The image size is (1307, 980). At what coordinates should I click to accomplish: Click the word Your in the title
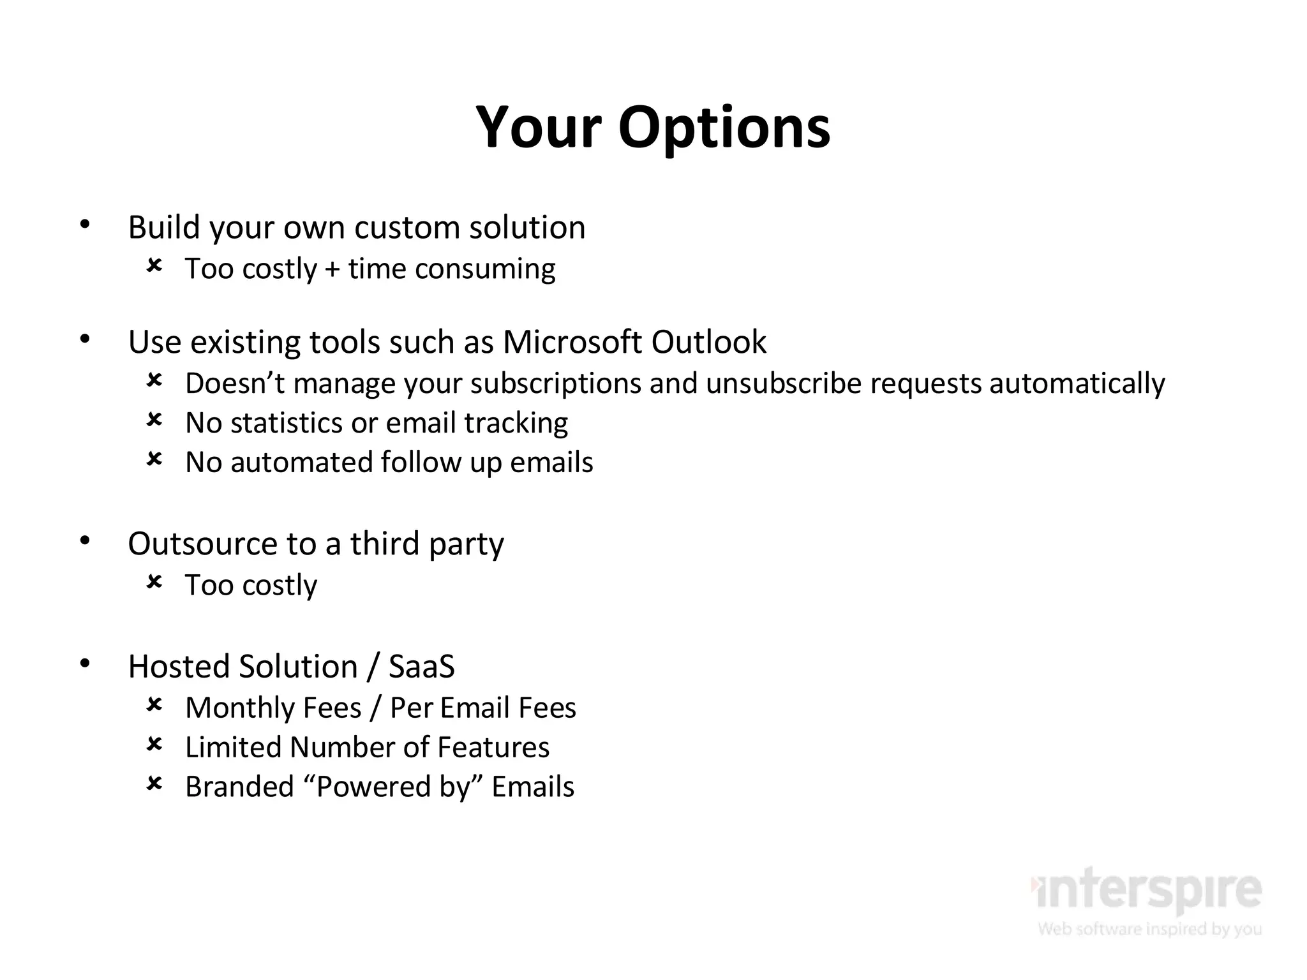coord(539,128)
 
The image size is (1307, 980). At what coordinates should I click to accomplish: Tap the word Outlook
coord(708,342)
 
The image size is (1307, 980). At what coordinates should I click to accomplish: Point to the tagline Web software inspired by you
coord(1149,928)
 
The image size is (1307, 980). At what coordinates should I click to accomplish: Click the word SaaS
coord(421,667)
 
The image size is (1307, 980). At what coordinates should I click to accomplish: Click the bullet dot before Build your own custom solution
coord(85,224)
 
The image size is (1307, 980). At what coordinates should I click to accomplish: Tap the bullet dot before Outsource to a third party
coord(85,541)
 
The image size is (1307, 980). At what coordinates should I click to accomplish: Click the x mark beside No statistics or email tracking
coord(154,420)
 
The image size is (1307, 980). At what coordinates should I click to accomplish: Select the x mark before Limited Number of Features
coord(154,744)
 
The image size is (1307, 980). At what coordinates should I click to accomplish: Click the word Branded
coord(239,787)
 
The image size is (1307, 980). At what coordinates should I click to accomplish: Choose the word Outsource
coord(203,544)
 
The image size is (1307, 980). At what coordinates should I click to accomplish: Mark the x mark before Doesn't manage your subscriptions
coord(154,380)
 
